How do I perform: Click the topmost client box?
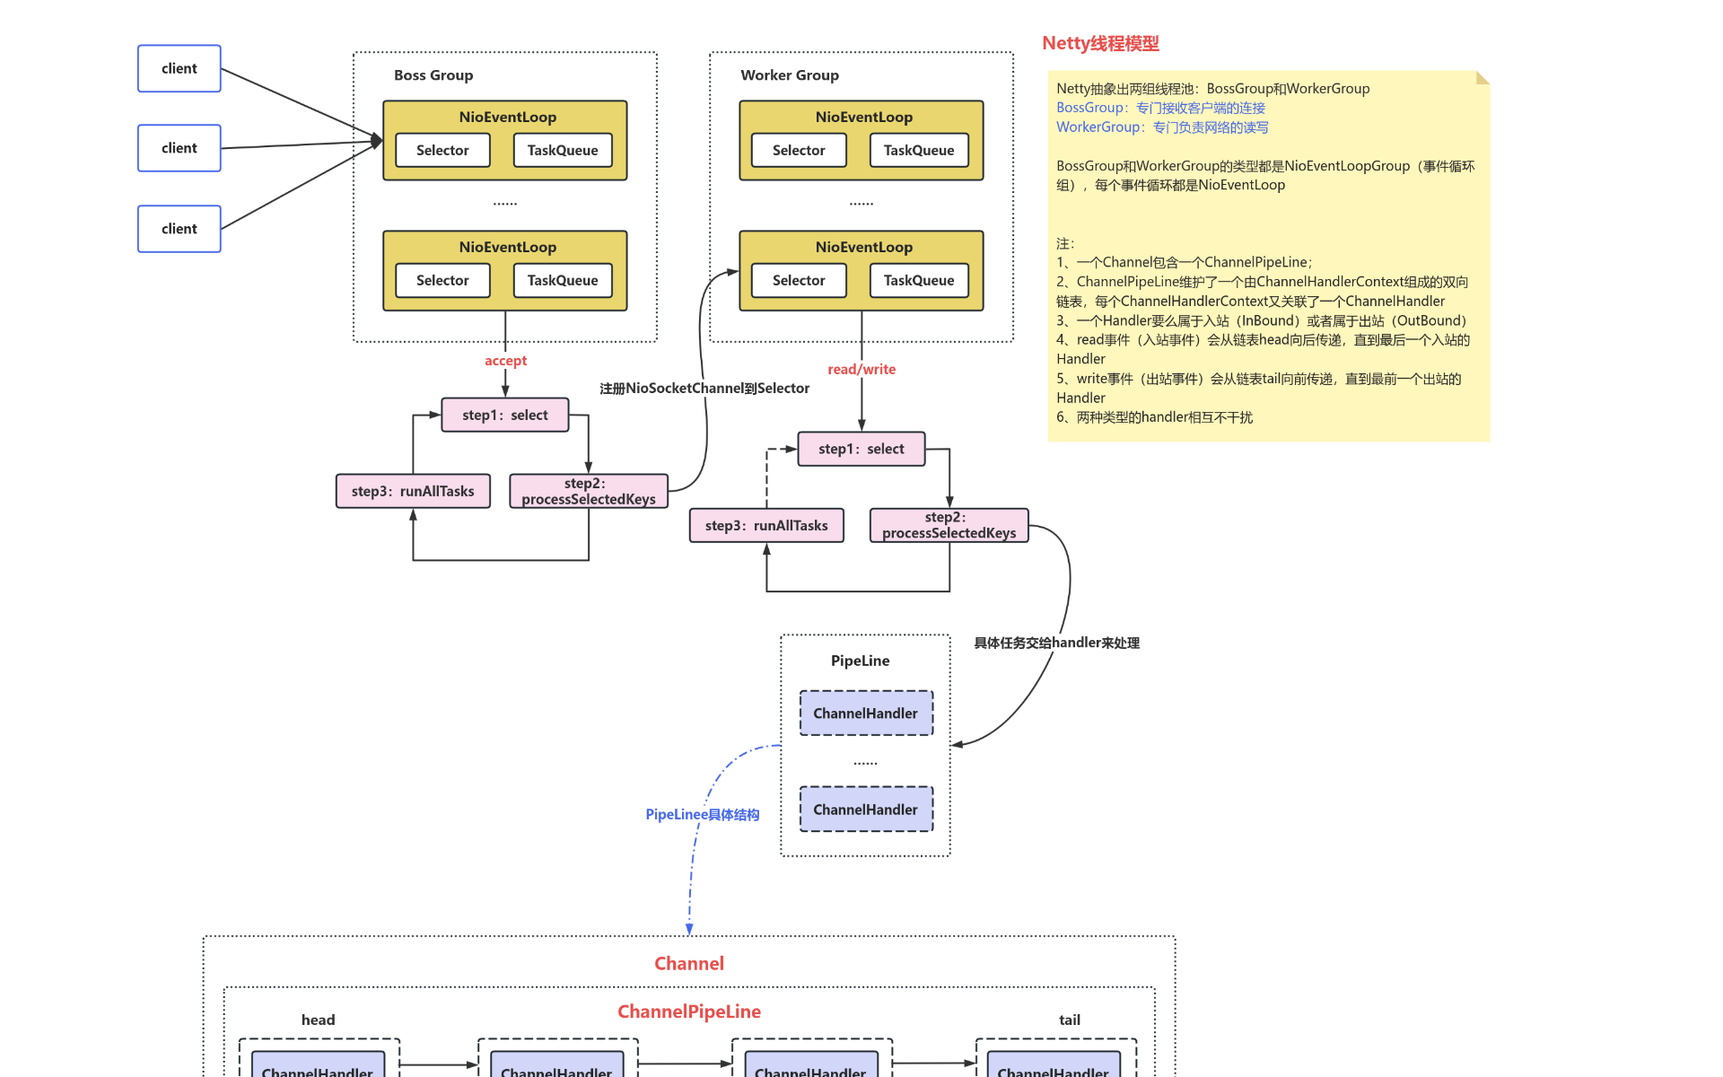(x=179, y=68)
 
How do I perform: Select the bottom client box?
(x=179, y=229)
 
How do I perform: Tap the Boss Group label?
(x=433, y=75)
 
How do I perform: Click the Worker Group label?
(x=789, y=75)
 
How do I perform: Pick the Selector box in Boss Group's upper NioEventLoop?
(x=442, y=150)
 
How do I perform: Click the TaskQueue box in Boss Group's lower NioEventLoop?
(x=563, y=280)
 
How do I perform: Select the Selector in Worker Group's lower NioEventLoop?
(x=799, y=280)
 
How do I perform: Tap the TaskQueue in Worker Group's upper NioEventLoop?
(x=918, y=150)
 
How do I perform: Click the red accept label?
(x=505, y=361)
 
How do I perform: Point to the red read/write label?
(x=861, y=369)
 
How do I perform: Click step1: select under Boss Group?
(x=504, y=415)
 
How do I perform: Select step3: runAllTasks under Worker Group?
(x=766, y=525)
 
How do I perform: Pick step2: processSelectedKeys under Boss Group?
(x=589, y=491)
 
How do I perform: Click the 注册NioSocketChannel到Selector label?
(x=704, y=388)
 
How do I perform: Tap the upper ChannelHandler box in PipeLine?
(x=866, y=713)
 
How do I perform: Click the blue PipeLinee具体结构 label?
(x=703, y=814)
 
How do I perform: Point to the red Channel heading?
(x=688, y=963)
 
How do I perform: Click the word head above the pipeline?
(x=318, y=1020)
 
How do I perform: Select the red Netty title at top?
(x=1100, y=43)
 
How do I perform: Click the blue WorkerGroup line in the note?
(x=1162, y=127)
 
